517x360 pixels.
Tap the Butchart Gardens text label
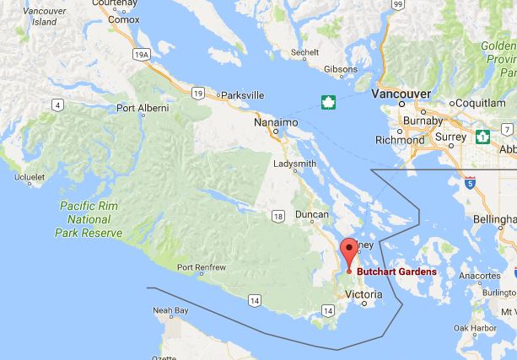point(396,271)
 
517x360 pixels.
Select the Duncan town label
point(312,216)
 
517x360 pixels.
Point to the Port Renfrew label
point(202,268)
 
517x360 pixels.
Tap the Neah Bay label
point(170,311)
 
